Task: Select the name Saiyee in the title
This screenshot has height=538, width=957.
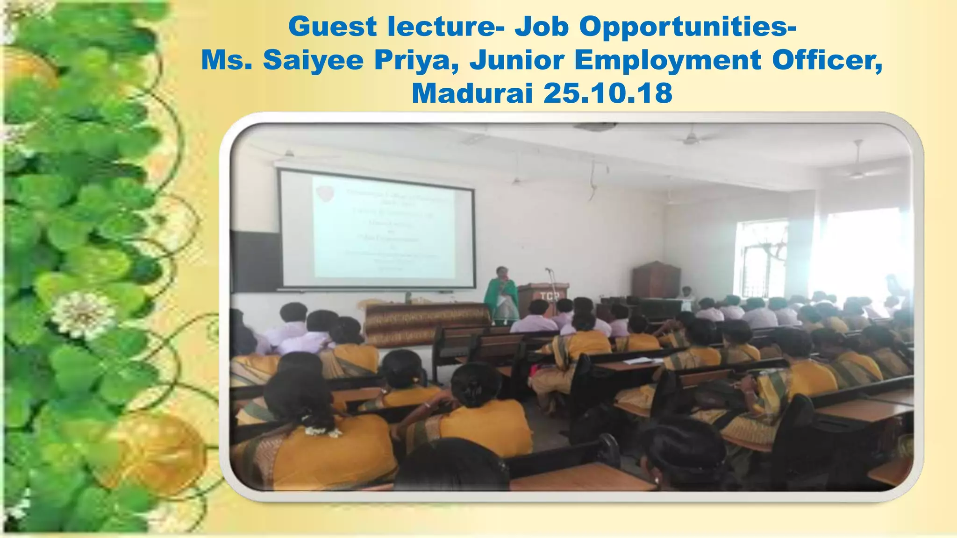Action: point(313,61)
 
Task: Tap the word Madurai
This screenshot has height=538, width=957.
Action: point(472,93)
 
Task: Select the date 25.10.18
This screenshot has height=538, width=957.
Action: point(607,93)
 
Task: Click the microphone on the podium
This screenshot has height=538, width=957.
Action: point(548,269)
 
